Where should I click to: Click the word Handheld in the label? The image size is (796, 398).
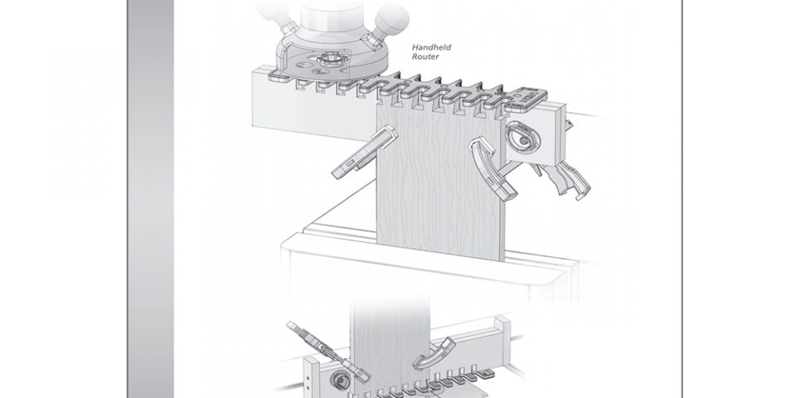click(431, 47)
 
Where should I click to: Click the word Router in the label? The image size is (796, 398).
click(425, 57)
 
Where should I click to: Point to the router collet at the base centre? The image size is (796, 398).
click(327, 61)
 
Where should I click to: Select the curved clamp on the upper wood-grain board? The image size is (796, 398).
click(493, 167)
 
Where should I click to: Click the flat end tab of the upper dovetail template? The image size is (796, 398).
click(528, 99)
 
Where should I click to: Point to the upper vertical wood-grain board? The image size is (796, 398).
click(440, 182)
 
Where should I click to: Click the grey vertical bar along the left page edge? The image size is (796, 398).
click(150, 199)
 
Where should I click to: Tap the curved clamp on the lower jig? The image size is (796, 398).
click(434, 353)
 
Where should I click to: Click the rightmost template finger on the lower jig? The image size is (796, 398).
click(487, 375)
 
